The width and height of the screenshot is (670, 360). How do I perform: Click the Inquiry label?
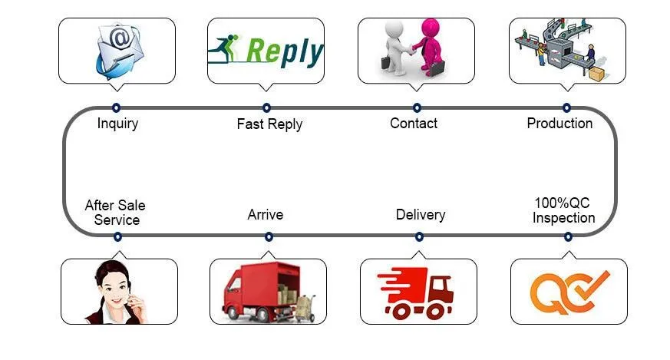point(117,124)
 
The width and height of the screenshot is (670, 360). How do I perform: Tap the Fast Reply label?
point(269,124)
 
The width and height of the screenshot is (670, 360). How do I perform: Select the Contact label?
point(414,124)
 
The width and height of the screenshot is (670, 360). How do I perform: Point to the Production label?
point(559,124)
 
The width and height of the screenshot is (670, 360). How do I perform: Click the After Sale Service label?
point(115,213)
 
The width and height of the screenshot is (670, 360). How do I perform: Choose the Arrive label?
point(265,214)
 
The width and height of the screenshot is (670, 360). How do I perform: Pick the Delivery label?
point(420,214)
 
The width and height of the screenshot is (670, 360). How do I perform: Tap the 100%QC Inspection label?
point(563,210)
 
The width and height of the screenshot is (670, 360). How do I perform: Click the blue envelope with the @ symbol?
point(117,50)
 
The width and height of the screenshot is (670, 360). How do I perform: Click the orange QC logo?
point(569,292)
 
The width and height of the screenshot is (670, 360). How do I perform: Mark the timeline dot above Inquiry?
point(117,107)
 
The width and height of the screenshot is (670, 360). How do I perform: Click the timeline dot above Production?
point(566,107)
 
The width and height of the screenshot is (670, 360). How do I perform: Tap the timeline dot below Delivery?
point(418,236)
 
